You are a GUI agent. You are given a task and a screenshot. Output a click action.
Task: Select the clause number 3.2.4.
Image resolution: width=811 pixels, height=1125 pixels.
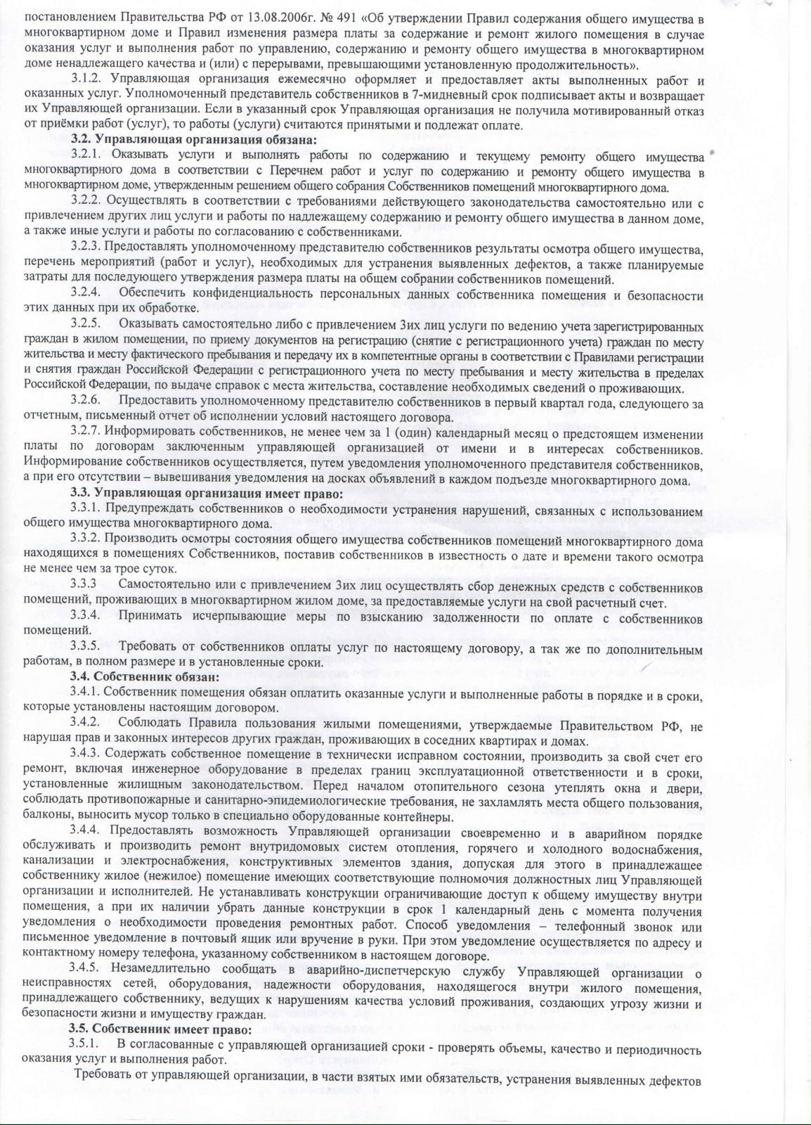click(x=86, y=292)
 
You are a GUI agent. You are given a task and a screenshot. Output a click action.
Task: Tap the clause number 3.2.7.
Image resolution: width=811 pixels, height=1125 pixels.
click(x=86, y=431)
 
